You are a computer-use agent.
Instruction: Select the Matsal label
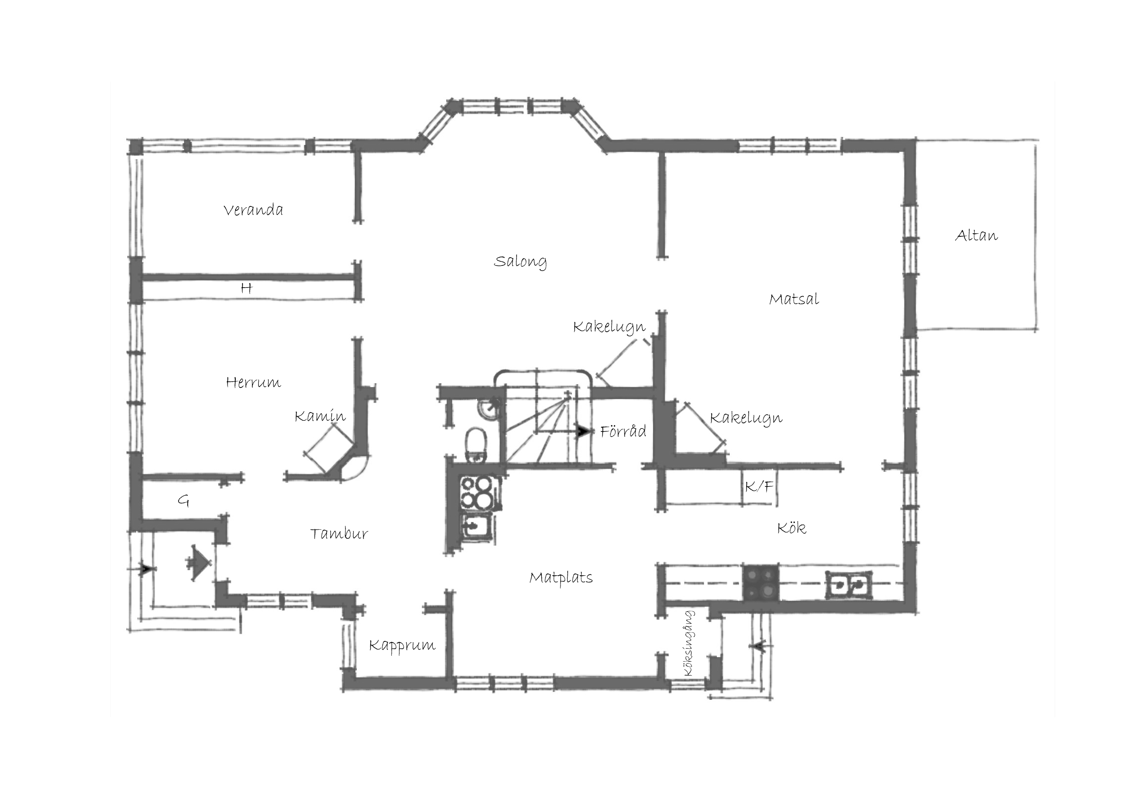point(794,299)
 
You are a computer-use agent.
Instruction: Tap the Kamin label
point(320,416)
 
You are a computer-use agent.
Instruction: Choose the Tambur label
point(339,534)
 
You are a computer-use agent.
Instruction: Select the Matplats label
point(561,578)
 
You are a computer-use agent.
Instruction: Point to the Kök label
point(791,528)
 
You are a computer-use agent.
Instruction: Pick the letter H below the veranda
point(246,288)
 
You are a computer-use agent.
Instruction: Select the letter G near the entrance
point(183,502)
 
